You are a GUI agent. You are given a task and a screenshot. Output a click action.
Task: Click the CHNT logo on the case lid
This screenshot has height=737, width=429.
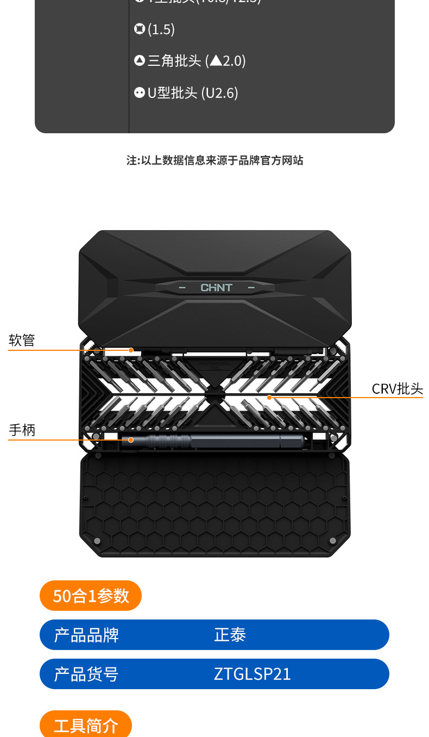216,288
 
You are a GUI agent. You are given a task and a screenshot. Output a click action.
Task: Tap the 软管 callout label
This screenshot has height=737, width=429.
22,340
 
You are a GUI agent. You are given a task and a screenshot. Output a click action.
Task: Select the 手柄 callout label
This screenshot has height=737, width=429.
22,430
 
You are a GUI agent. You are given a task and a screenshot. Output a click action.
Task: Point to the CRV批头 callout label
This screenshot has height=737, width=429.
397,389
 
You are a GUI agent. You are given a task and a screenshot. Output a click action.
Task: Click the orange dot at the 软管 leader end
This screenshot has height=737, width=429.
131,350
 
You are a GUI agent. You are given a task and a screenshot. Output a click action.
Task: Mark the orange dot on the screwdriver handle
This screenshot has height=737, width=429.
131,439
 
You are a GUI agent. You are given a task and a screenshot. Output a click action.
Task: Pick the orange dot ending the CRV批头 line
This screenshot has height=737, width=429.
269,398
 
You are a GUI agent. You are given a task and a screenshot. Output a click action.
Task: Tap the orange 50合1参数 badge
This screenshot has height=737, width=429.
91,596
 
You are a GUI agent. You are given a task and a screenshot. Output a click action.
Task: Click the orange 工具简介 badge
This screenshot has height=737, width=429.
86,725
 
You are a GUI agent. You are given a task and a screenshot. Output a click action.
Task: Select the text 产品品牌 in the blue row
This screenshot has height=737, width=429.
86,635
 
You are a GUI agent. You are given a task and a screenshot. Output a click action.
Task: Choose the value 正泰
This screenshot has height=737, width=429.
230,635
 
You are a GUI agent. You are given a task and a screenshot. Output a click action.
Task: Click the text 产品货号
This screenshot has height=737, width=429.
86,674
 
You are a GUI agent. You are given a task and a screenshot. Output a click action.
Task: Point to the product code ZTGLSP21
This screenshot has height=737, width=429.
253,674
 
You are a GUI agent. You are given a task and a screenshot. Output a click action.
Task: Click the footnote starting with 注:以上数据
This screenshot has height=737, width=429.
214,160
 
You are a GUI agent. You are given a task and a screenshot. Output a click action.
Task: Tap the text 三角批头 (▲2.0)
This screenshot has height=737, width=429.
197,61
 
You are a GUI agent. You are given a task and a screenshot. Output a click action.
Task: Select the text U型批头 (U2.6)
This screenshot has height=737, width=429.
193,93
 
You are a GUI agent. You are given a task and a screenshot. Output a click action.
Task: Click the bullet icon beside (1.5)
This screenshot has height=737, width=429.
140,29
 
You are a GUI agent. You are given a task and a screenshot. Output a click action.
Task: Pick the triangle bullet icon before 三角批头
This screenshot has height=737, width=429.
140,61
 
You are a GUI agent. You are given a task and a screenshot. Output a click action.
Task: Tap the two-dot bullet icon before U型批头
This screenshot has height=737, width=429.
140,93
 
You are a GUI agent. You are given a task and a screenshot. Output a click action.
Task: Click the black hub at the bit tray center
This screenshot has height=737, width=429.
215,393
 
